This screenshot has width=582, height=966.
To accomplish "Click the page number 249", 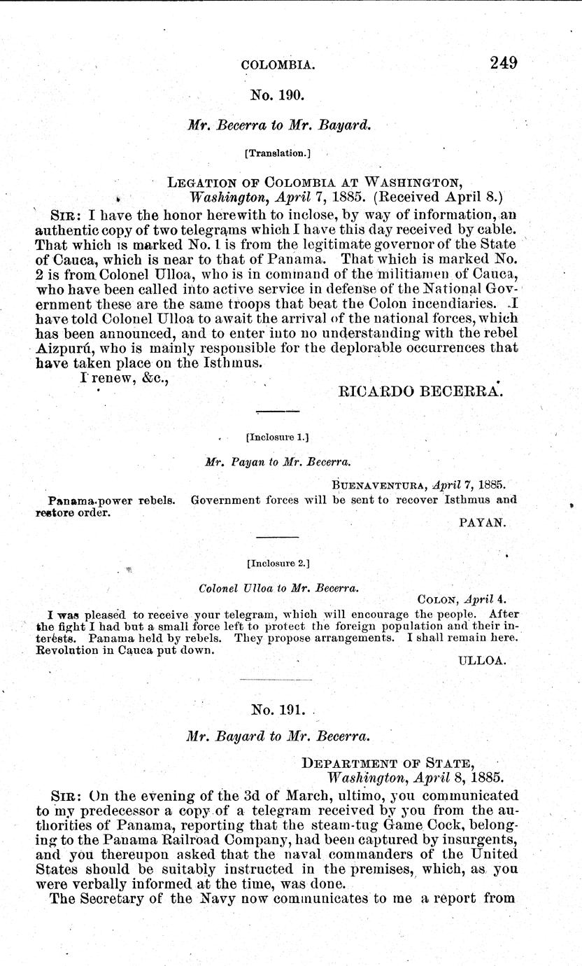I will point(504,63).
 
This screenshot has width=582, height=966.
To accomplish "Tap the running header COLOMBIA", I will point(278,65).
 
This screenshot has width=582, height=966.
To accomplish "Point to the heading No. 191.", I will point(278,710).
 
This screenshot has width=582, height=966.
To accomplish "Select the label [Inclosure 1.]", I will point(278,437).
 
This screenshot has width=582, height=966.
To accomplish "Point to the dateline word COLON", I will point(439,599).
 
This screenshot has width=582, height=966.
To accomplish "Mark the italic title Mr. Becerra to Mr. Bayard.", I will point(278,125).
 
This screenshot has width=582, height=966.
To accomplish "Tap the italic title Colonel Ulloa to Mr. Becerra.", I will point(278,589).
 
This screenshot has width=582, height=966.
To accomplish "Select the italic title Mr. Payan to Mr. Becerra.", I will point(278,462).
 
